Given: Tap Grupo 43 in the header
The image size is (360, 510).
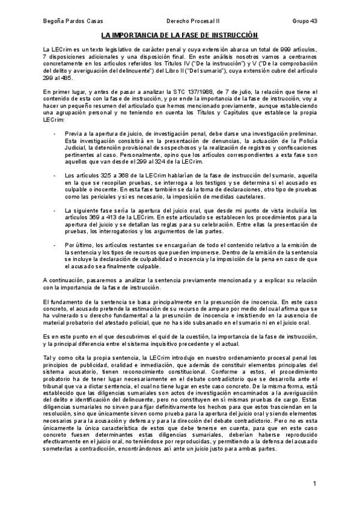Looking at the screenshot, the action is pyautogui.click(x=305, y=22).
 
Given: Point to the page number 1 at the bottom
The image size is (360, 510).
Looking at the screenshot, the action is pyautogui.click(x=314, y=484).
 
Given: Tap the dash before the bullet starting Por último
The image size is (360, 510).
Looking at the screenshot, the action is pyautogui.click(x=55, y=245).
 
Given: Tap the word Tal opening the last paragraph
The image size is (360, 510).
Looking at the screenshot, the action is pyautogui.click(x=47, y=357).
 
